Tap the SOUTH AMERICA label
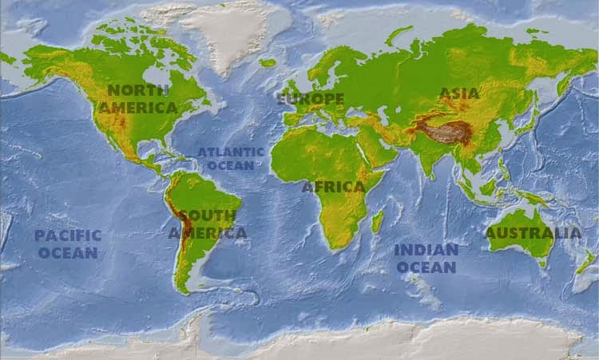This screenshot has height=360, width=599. [x=207, y=224]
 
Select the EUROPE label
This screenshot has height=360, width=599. [x=311, y=100]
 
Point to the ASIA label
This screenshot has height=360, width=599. [x=459, y=93]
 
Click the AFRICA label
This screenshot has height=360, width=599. [x=333, y=187]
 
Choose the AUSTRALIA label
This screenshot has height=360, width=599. [x=534, y=233]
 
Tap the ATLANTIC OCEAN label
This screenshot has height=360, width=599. [x=231, y=159]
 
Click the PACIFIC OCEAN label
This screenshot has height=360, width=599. [x=68, y=244]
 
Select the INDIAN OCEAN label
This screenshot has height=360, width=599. [x=426, y=259]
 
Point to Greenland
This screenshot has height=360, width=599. [x=232, y=32]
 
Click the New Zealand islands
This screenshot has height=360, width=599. [x=586, y=262]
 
